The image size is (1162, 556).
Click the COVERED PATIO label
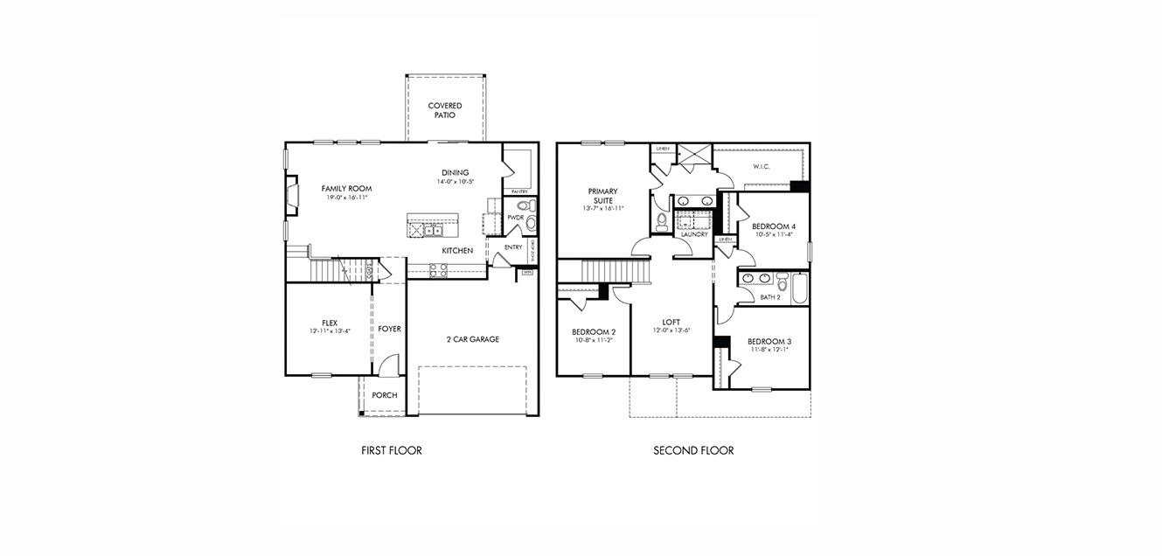click(444, 110)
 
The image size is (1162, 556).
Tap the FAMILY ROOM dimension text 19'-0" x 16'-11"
click(345, 198)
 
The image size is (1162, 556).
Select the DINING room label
click(455, 172)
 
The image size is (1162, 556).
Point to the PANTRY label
click(518, 191)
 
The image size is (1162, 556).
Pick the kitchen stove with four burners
click(438, 269)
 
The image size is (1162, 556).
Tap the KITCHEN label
click(456, 251)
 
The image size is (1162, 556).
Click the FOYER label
click(389, 329)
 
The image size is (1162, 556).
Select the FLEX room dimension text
click(329, 331)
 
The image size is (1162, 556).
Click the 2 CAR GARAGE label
click(472, 339)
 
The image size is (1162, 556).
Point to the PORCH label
click(384, 395)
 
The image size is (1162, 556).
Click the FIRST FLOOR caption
click(391, 451)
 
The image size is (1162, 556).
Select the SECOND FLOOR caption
click(693, 451)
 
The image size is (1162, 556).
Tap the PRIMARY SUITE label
click(602, 196)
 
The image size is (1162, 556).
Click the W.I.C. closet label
click(760, 166)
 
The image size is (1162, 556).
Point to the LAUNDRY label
click(693, 234)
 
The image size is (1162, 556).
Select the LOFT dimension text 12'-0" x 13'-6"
click(671, 331)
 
